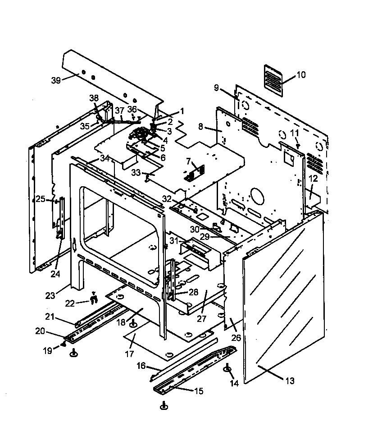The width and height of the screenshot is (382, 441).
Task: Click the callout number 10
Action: coord(301,75)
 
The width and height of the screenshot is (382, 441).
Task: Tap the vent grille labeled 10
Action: coord(273,80)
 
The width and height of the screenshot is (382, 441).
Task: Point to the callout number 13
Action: coord(290,381)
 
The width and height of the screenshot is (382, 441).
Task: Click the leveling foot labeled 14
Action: coord(228,370)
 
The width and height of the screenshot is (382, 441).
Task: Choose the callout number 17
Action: coord(130,354)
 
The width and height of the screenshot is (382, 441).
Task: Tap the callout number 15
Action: coord(198,391)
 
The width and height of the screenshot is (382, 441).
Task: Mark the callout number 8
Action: coord(201,127)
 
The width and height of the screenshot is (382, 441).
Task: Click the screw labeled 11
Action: coord(297,146)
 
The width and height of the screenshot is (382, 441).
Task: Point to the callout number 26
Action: coord(236,338)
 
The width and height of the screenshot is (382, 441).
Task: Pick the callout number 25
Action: coord(41,199)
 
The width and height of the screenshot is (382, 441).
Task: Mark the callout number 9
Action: coord(216,87)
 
